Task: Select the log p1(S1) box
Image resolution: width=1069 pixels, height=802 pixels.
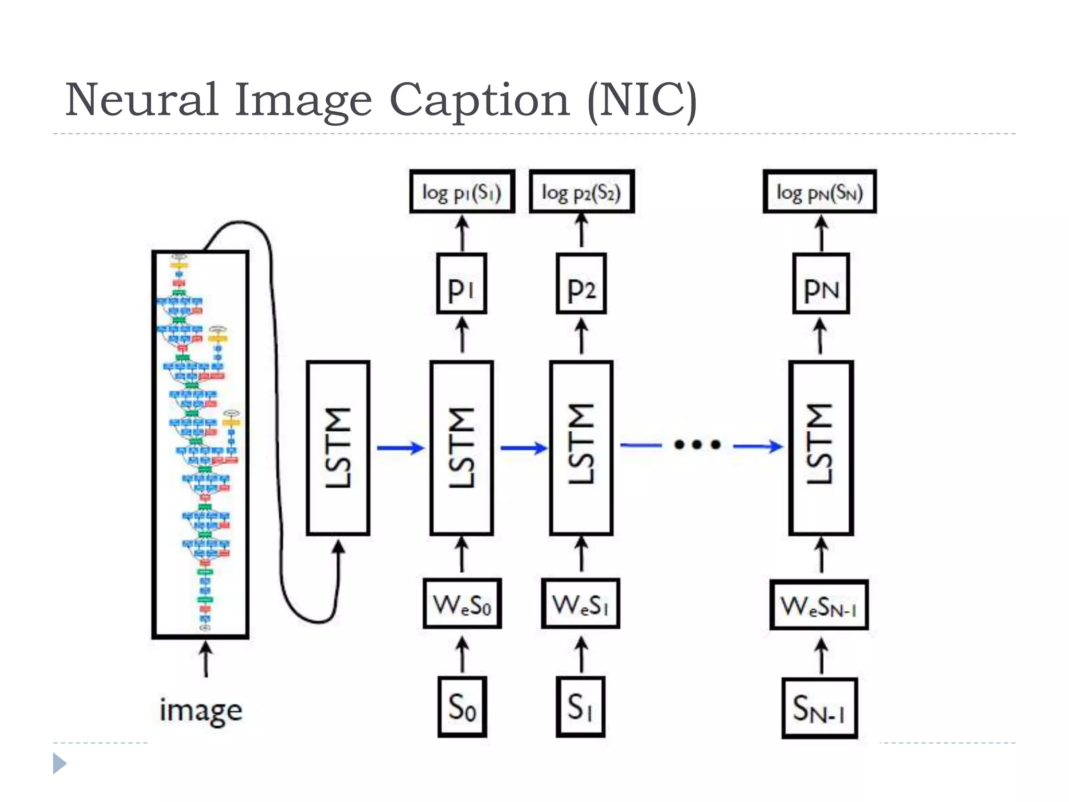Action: pyautogui.click(x=462, y=192)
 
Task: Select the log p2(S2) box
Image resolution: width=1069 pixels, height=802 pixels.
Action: pyautogui.click(x=581, y=192)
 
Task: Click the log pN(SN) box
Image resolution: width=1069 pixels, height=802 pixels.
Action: pyautogui.click(x=819, y=192)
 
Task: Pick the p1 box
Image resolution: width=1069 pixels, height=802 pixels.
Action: pyautogui.click(x=461, y=284)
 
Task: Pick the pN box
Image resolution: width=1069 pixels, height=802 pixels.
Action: pyautogui.click(x=821, y=284)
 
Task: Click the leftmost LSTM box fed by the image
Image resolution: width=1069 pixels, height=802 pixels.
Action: pyautogui.click(x=338, y=448)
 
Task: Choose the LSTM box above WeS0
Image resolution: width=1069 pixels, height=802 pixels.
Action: pyautogui.click(x=461, y=448)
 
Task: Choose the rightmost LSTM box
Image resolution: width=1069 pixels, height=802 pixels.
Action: pyautogui.click(x=821, y=448)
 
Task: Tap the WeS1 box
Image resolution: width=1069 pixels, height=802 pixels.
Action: pyautogui.click(x=580, y=604)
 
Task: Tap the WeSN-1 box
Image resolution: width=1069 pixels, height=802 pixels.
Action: pyautogui.click(x=818, y=605)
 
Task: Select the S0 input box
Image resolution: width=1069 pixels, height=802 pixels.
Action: pyautogui.click(x=462, y=707)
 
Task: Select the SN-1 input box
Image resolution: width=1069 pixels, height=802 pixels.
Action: pyautogui.click(x=819, y=708)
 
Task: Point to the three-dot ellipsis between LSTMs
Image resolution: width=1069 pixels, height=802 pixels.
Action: pyautogui.click(x=697, y=445)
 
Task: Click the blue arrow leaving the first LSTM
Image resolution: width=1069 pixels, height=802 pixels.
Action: pyautogui.click(x=400, y=447)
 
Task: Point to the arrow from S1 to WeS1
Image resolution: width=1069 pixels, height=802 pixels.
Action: pyautogui.click(x=581, y=655)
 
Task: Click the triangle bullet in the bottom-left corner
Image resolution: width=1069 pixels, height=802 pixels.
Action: pyautogui.click(x=59, y=763)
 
